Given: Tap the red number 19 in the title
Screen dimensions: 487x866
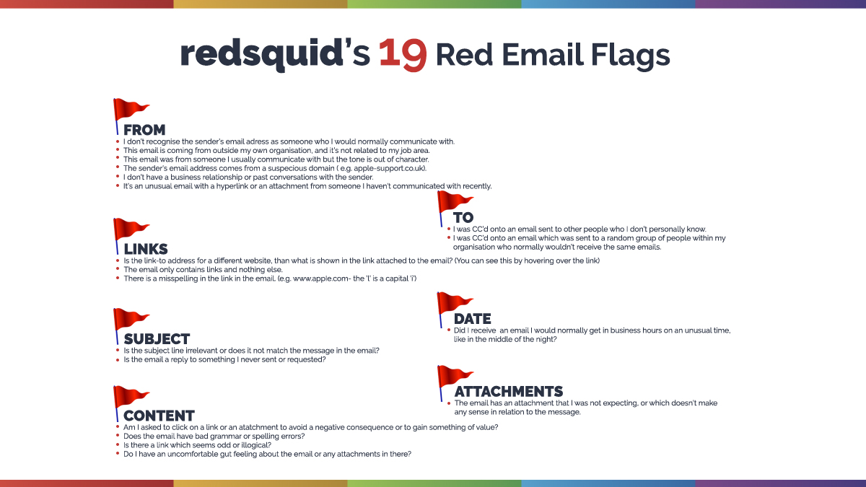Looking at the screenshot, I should coord(402,56).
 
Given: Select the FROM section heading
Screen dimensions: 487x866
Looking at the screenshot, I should coord(144,131).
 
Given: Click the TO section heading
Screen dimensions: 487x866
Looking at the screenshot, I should coord(463,218).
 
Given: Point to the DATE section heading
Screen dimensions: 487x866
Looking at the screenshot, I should coord(472,319).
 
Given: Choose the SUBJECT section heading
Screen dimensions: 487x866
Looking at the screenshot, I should coord(157,339).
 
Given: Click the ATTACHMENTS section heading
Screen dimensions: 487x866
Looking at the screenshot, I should coord(508,392).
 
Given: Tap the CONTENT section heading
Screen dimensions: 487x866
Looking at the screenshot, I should coord(159,416).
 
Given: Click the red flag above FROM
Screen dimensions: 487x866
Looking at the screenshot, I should coord(130,110).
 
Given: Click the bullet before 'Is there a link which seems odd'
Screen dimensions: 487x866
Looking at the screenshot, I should coord(117,445).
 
